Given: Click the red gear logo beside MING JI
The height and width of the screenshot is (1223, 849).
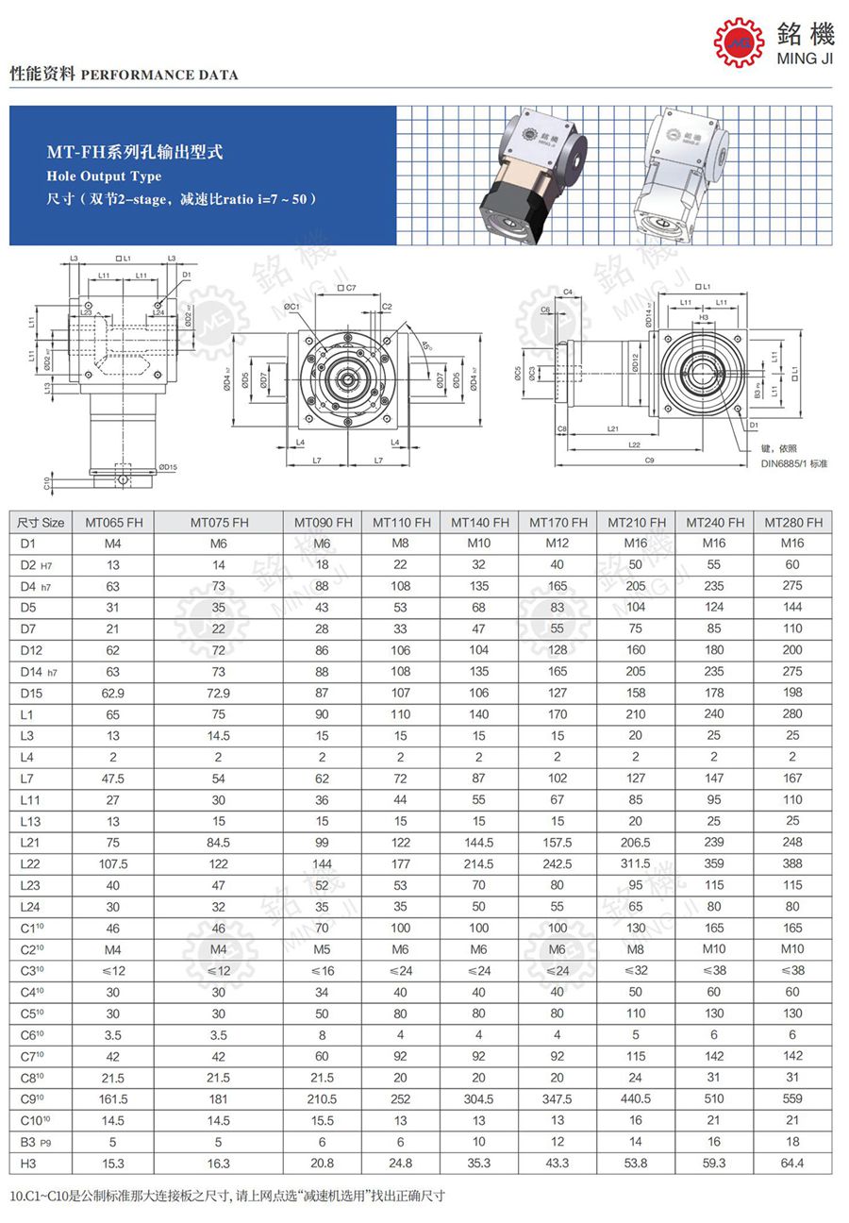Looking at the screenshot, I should [x=738, y=41].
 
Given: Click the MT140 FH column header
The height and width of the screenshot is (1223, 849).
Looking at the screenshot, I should [x=479, y=523].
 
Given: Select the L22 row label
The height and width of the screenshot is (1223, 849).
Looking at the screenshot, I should [x=29, y=863].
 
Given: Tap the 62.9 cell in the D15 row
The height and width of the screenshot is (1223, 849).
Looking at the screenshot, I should [x=113, y=693].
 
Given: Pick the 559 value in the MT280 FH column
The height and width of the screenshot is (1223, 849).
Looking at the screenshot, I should [x=792, y=1098].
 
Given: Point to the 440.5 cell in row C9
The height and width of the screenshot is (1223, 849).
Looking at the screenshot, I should [x=636, y=1098].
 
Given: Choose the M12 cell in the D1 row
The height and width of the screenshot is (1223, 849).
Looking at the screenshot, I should [x=558, y=544].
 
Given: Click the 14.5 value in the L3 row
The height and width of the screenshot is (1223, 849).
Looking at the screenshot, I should [x=219, y=735].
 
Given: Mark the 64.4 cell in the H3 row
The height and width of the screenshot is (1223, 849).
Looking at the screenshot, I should [x=792, y=1163].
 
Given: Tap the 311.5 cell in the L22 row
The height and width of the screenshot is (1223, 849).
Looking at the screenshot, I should [x=636, y=863].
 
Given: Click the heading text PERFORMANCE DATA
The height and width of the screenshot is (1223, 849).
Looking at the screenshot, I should [x=160, y=75].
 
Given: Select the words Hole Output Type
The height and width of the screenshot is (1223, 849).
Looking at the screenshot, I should [x=104, y=176].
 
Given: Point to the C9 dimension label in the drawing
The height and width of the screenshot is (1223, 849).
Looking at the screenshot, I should [x=650, y=461].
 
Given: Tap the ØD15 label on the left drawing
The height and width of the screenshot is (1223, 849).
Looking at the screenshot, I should [x=168, y=466].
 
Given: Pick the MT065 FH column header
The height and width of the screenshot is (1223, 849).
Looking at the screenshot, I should [x=113, y=523].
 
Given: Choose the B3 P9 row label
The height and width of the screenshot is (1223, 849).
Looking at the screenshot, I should [x=34, y=1141].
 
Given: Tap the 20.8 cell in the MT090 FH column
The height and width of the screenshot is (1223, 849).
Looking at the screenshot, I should [x=323, y=1163].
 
